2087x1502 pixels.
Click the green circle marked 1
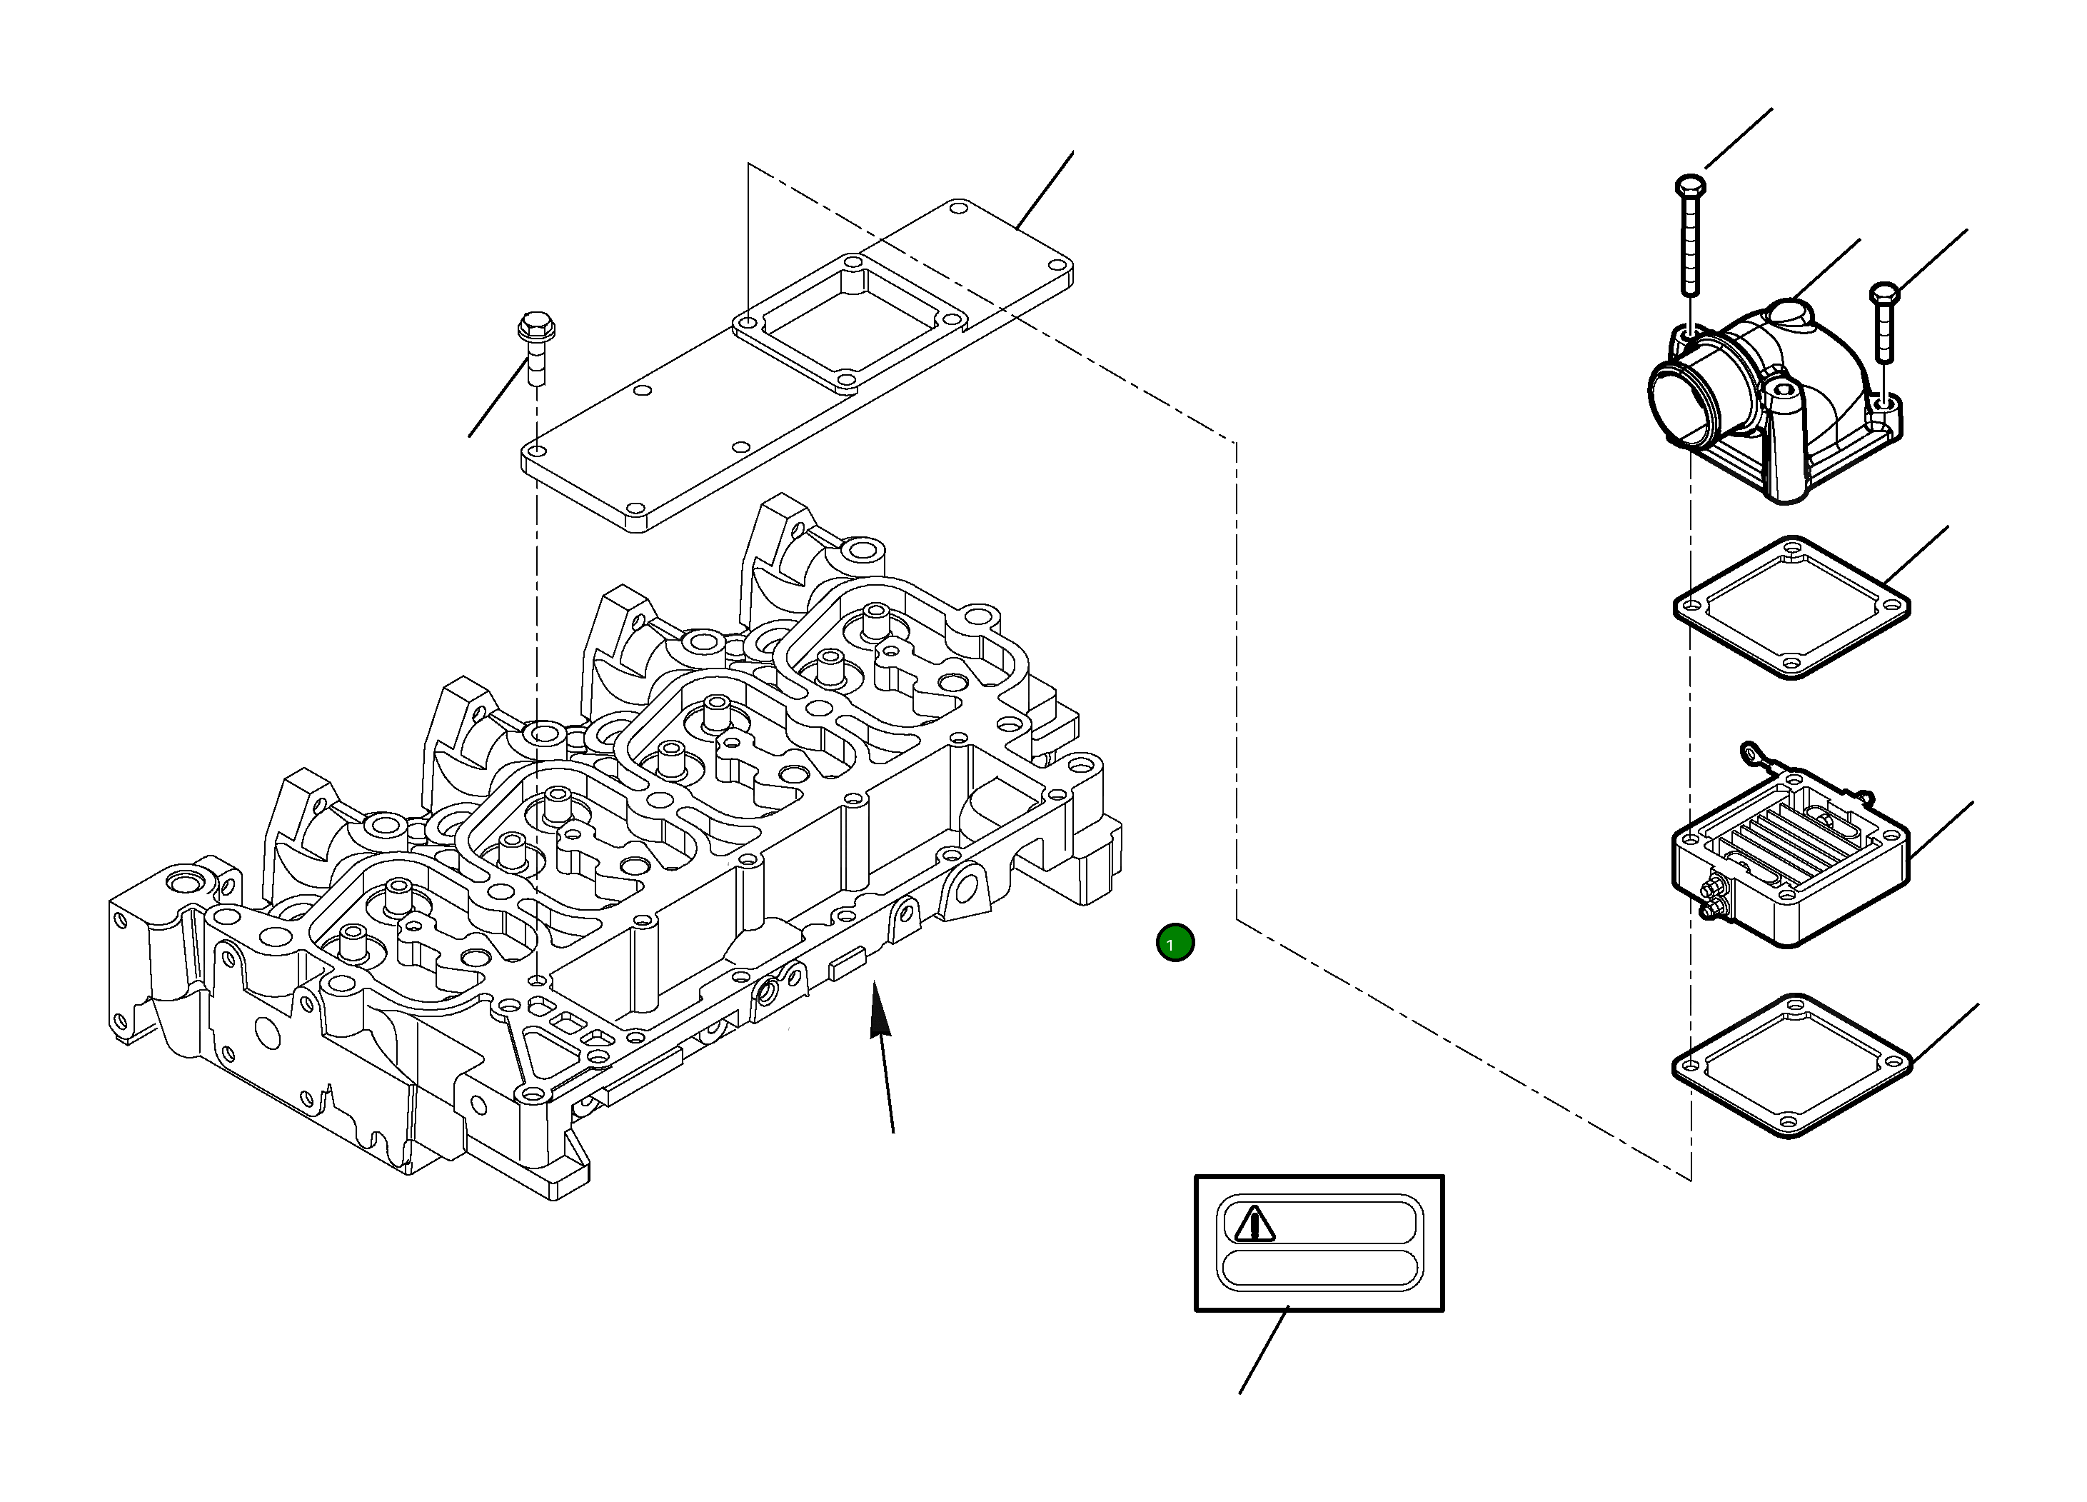1175,943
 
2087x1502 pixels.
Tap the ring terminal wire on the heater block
1751,755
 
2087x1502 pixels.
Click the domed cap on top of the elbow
1789,312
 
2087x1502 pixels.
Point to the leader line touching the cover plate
1045,189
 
